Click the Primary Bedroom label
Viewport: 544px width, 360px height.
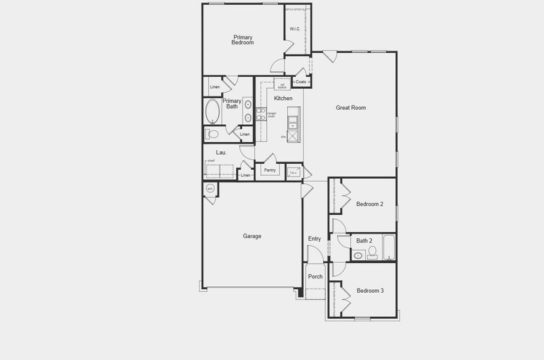tap(243, 40)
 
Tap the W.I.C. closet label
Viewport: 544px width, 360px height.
tap(294, 29)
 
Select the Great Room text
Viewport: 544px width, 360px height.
tap(350, 108)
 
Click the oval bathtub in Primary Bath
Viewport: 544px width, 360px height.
tap(212, 111)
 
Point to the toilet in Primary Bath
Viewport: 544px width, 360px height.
tap(212, 133)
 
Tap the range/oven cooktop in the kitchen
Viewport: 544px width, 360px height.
tap(260, 114)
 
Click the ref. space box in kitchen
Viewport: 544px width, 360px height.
tap(282, 84)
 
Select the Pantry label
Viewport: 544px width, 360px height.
tap(270, 170)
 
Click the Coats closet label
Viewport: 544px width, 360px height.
tap(300, 82)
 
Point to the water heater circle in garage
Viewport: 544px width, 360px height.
tap(210, 189)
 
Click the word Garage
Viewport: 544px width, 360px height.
tap(252, 236)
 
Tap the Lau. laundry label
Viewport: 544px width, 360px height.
tap(221, 152)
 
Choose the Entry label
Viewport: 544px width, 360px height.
tap(314, 239)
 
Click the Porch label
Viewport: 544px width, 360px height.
tap(315, 277)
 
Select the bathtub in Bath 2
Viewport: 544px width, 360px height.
tap(389, 247)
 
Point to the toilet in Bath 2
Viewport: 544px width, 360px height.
tap(372, 251)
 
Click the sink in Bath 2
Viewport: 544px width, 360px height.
tap(358, 255)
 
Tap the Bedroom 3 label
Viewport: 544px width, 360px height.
tap(370, 291)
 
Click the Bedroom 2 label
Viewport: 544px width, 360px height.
tap(369, 204)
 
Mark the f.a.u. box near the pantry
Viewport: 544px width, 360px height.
tap(293, 172)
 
